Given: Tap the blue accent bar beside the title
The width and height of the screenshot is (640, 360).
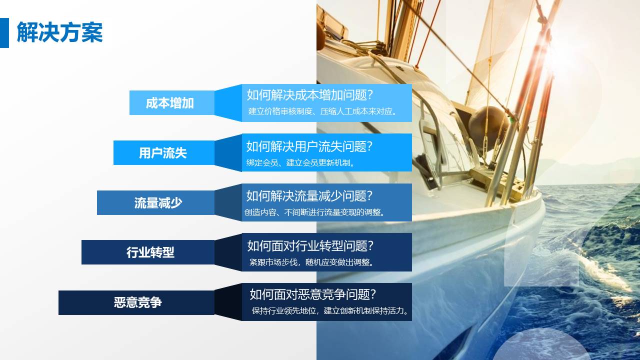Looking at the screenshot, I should click(4, 33).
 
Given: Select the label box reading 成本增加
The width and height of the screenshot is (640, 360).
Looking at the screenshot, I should click(170, 103).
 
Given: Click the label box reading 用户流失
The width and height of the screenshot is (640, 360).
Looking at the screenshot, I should click(163, 152).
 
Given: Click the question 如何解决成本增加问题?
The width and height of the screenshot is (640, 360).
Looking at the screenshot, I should click(310, 94).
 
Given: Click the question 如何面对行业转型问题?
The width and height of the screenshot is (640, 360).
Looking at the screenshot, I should click(310, 245).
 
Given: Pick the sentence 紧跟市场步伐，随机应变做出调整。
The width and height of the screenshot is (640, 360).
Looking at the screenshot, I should click(312, 261).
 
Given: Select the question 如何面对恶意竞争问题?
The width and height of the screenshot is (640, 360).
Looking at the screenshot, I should click(313, 294).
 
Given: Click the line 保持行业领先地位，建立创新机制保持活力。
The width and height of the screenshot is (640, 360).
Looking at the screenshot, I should click(331, 310).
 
